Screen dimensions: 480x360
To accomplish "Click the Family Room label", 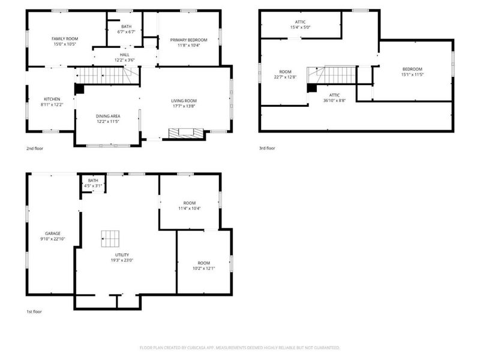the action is [x=65, y=39].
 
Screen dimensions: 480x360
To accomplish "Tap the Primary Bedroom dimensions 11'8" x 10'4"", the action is [x=188, y=46].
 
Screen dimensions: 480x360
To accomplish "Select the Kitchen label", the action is [x=52, y=99].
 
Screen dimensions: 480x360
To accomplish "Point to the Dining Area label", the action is [x=108, y=116].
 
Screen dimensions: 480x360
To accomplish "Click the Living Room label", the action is [x=184, y=101].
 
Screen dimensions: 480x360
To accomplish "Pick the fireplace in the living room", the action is [x=186, y=133].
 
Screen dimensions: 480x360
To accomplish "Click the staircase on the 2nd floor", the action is [x=104, y=76].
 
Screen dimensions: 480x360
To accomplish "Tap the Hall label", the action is [x=124, y=55].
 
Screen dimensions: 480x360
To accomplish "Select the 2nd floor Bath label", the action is [x=126, y=26].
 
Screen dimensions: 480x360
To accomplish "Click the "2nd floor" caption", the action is [x=35, y=148].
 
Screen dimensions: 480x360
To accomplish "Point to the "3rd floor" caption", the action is [x=267, y=148].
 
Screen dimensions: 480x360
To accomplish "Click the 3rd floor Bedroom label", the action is [x=412, y=69].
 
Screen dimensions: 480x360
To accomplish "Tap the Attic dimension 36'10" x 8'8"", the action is [x=334, y=100].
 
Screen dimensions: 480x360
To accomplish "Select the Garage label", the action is [x=53, y=233].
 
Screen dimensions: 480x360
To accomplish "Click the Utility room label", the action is [x=122, y=255].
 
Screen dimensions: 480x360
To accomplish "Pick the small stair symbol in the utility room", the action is [x=110, y=239].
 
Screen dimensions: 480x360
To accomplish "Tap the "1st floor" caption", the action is [x=34, y=311].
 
